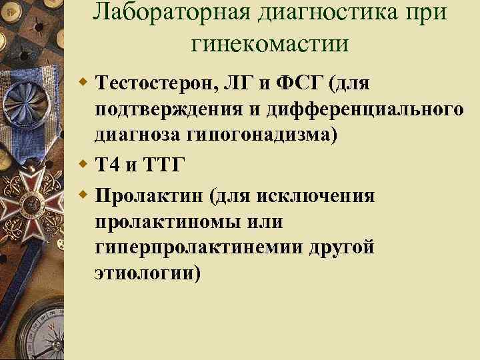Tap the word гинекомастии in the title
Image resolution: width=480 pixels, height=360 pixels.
pos(269,43)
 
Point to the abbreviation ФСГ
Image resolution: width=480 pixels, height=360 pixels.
pos(303,85)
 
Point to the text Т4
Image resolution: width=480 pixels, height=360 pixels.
pos(107,165)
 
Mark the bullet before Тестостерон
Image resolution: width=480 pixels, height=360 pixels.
pos(83,84)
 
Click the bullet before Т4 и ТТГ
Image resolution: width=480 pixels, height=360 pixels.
pos(83,164)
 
